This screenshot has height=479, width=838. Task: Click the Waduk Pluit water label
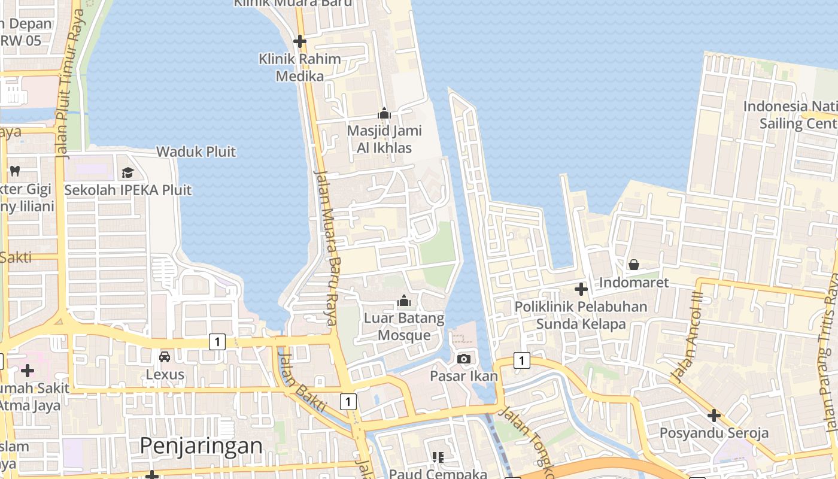click(x=196, y=151)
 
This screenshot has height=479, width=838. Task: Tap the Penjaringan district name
click(x=201, y=446)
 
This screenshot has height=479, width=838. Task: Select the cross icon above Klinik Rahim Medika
click(x=300, y=41)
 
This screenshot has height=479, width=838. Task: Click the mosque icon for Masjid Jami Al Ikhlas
click(x=384, y=113)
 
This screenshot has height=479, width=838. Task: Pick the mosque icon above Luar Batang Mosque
click(x=404, y=300)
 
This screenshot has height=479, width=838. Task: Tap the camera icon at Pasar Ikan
click(x=463, y=359)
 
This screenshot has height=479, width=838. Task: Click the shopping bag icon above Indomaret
click(x=633, y=264)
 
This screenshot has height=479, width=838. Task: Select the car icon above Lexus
click(x=165, y=357)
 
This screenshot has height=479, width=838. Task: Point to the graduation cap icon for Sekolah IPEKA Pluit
click(x=127, y=173)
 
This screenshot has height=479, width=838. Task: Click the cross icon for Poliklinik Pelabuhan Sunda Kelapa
click(x=581, y=289)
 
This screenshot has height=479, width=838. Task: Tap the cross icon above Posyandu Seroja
click(x=713, y=415)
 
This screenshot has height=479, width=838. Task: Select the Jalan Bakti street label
click(x=302, y=383)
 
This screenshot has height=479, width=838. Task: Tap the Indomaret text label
click(x=633, y=282)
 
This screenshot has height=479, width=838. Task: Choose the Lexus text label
click(x=165, y=375)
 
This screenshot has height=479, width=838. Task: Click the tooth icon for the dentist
click(x=15, y=171)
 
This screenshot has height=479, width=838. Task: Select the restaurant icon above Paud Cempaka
click(x=438, y=457)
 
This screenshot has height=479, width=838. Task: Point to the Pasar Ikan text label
click(x=464, y=376)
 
